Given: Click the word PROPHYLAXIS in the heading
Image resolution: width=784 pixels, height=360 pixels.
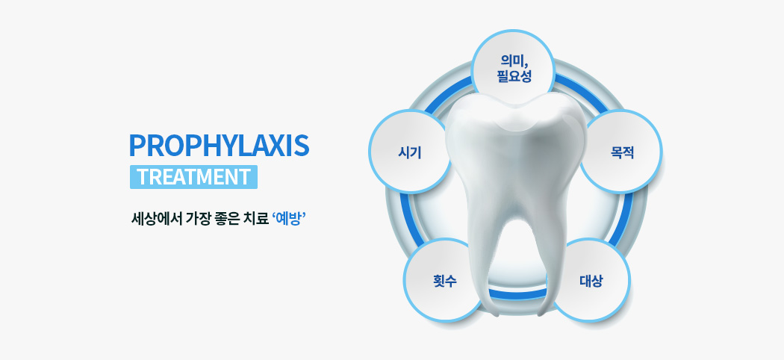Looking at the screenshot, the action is (219, 146).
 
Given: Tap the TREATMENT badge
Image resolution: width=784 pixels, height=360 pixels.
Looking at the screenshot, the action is (193, 177).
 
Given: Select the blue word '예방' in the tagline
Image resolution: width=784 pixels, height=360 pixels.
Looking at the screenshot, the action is (289, 219).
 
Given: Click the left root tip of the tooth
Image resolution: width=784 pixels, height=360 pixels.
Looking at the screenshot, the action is (495, 314).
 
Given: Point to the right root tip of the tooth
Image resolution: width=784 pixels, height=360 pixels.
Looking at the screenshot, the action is (542, 313).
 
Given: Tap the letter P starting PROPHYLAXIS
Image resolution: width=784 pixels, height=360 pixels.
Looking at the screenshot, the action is (137, 146).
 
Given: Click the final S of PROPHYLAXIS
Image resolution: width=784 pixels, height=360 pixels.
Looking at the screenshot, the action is (302, 146).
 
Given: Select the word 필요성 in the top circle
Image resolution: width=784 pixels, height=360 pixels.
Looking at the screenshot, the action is (514, 76).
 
